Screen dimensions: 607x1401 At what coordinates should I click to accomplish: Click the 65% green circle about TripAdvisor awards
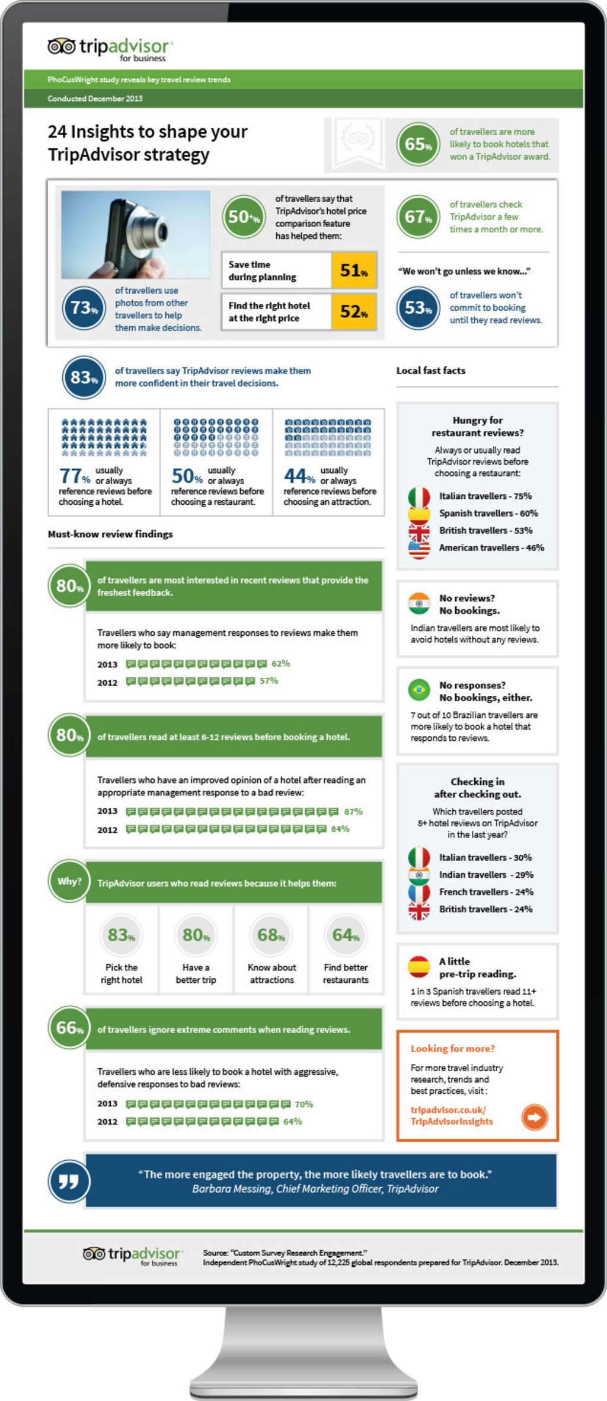click(x=418, y=144)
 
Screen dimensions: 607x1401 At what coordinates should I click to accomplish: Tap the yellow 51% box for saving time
click(x=354, y=270)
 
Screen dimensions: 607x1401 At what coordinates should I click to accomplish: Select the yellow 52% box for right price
click(x=354, y=311)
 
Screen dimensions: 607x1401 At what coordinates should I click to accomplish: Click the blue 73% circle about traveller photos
click(x=84, y=308)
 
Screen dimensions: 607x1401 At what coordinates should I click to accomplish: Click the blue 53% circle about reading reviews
click(x=418, y=308)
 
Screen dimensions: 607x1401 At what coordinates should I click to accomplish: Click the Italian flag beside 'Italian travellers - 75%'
click(x=419, y=496)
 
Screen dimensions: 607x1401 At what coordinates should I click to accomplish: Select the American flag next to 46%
click(x=419, y=549)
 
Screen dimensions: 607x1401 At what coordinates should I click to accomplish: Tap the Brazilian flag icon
click(x=419, y=690)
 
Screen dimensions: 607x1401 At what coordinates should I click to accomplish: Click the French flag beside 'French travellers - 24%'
click(x=419, y=892)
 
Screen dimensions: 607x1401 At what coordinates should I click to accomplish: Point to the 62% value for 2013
click(x=281, y=663)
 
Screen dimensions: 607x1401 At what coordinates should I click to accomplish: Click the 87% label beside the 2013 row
click(x=353, y=811)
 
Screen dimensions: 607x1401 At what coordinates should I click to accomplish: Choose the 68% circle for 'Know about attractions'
click(x=271, y=935)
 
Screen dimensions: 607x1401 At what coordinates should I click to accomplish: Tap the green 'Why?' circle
click(x=69, y=881)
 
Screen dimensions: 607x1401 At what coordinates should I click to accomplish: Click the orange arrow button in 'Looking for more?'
click(x=534, y=1117)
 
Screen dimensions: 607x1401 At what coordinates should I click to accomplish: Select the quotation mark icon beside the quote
click(x=69, y=1181)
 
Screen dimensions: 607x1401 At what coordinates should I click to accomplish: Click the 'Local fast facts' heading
click(x=431, y=371)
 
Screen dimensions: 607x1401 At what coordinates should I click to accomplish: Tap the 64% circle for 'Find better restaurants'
click(x=346, y=935)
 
